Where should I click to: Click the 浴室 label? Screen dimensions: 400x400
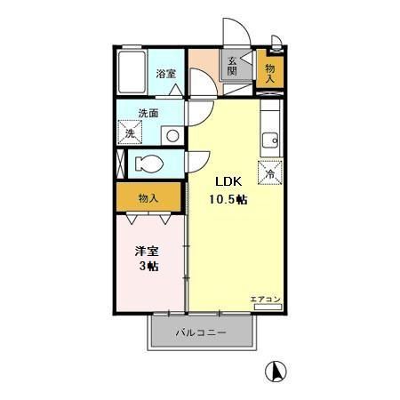pyautogui.click(x=165, y=75)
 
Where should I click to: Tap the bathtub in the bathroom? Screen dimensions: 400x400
pyautogui.click(x=133, y=73)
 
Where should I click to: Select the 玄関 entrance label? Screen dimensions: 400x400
pyautogui.click(x=231, y=67)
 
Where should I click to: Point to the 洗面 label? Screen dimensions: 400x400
pyautogui.click(x=148, y=114)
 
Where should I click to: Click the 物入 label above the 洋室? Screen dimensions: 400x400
pyautogui.click(x=148, y=197)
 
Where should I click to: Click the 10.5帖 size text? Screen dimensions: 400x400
pyautogui.click(x=228, y=199)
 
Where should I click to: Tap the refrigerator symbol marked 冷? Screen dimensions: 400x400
pyautogui.click(x=269, y=172)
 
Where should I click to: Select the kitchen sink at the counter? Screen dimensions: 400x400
pyautogui.click(x=269, y=140)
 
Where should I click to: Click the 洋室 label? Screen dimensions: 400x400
pyautogui.click(x=147, y=252)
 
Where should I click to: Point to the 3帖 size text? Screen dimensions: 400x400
pyautogui.click(x=148, y=268)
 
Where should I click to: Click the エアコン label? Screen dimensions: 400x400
pyautogui.click(x=265, y=298)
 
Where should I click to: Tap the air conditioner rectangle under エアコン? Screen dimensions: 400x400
pyautogui.click(x=267, y=307)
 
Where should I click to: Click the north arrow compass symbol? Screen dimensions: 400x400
pyautogui.click(x=277, y=370)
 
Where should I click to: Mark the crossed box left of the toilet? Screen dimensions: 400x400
pyautogui.click(x=121, y=164)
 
